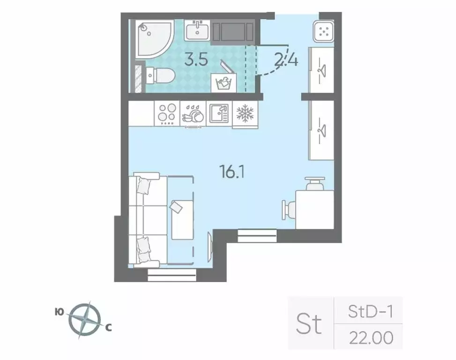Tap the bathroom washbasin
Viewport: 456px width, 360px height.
(197, 31)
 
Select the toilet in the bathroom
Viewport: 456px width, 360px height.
(159, 75)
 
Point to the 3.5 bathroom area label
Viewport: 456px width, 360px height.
(196, 61)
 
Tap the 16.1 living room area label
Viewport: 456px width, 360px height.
(233, 172)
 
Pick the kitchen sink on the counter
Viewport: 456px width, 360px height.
(218, 113)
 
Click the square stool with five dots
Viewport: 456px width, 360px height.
(323, 31)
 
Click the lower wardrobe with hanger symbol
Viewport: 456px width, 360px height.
(321, 129)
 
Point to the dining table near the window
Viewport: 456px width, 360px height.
(314, 209)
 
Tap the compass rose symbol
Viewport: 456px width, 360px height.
(85, 320)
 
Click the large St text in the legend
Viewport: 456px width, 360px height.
(310, 323)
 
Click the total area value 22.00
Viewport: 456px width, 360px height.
(370, 337)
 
